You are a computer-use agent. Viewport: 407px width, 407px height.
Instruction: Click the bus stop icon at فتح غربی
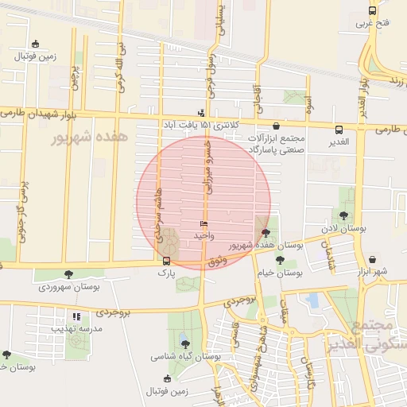372,11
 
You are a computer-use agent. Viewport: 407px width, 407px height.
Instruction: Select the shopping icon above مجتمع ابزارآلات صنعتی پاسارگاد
276,126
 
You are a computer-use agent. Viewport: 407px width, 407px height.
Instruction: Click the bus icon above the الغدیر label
339,130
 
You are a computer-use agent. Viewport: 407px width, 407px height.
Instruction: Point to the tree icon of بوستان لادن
343,215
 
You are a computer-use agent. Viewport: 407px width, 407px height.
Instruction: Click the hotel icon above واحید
203,225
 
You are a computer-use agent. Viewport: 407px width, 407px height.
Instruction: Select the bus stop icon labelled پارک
165,261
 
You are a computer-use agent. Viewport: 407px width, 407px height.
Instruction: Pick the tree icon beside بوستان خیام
269,272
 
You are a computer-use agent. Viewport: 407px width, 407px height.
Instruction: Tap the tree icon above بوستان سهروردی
68,274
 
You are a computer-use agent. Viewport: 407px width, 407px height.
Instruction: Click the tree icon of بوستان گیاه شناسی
185,344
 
